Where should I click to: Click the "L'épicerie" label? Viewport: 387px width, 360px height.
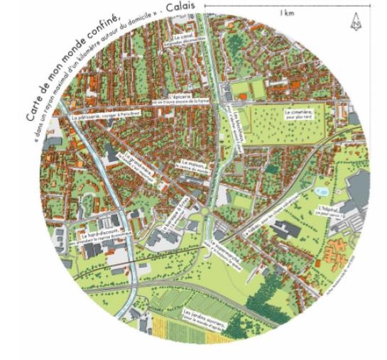click(178, 95)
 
